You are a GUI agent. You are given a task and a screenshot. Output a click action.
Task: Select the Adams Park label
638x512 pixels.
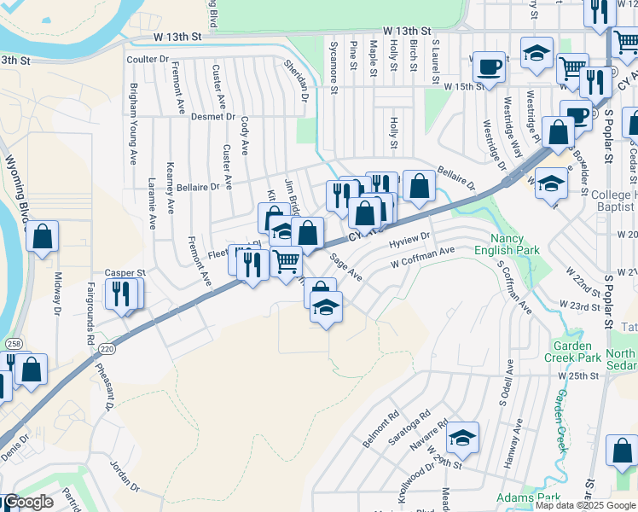(529, 497)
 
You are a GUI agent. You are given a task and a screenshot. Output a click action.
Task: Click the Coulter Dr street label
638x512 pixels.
(148, 59)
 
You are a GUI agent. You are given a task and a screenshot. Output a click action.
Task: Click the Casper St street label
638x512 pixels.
(125, 273)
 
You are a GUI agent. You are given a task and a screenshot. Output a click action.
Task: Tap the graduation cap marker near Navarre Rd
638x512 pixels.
(462, 437)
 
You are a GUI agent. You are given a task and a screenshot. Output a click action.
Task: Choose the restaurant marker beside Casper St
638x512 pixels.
(123, 294)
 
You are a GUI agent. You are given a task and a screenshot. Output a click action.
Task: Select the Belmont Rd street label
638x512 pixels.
(381, 432)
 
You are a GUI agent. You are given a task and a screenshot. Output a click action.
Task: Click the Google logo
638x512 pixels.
(27, 502)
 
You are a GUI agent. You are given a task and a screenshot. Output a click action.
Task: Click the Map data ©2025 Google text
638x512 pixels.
(584, 505)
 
